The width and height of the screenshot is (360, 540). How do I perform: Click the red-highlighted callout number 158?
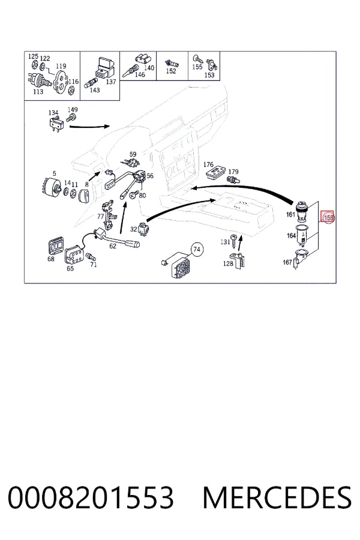(x=328, y=217)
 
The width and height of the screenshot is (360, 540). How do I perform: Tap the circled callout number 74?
(x=197, y=250)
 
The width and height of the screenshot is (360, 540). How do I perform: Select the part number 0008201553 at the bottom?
(x=91, y=497)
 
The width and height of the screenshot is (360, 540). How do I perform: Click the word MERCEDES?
(x=277, y=497)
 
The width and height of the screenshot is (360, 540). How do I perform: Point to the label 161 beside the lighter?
(x=291, y=215)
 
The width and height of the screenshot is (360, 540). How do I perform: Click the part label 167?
(x=287, y=262)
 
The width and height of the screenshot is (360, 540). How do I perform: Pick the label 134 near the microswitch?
(x=53, y=113)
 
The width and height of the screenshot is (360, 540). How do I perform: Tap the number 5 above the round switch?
(x=54, y=173)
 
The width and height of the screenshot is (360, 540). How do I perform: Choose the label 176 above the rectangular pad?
(x=208, y=164)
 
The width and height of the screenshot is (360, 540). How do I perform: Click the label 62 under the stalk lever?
(x=113, y=246)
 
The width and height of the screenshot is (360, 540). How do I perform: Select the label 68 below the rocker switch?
(x=51, y=259)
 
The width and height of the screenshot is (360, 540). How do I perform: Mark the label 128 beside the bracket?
(x=228, y=263)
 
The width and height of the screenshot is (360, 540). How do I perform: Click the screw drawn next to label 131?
(x=235, y=241)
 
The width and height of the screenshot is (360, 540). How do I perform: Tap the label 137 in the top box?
(x=110, y=82)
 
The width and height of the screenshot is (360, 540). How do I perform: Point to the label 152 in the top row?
(x=171, y=71)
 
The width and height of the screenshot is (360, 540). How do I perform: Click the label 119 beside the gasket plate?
(x=61, y=66)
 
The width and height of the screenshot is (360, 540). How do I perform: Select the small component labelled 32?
(x=143, y=229)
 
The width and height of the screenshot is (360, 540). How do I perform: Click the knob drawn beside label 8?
(x=85, y=195)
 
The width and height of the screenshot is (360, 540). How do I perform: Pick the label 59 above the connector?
(x=133, y=154)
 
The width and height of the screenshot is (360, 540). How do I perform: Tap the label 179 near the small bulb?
(x=233, y=172)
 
